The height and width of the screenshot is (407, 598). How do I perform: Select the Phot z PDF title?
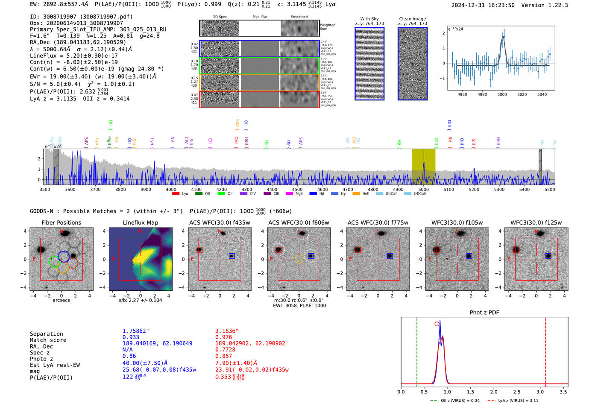click(x=484, y=313)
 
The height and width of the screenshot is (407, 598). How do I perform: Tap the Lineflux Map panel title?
click(x=141, y=223)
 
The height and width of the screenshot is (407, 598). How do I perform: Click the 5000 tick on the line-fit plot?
click(x=502, y=95)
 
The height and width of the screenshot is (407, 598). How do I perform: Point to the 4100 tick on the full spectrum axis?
click(x=196, y=190)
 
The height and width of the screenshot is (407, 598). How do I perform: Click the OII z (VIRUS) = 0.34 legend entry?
click(x=455, y=401)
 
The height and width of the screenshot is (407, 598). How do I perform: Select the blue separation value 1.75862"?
click(x=136, y=331)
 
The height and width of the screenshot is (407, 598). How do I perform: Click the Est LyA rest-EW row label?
click(x=55, y=365)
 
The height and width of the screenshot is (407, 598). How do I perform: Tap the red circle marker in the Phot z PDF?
click(x=437, y=324)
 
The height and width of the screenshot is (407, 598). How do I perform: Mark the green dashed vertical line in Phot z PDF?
click(x=417, y=350)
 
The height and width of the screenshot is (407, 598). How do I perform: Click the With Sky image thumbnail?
click(x=369, y=64)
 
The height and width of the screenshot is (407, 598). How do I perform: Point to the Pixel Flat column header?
click(x=260, y=17)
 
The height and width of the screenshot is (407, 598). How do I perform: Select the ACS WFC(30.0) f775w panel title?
click(x=378, y=223)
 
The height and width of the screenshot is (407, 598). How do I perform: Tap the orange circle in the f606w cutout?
click(x=299, y=259)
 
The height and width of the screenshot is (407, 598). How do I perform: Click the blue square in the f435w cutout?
click(x=232, y=256)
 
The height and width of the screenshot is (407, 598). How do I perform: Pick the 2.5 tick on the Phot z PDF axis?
click(x=517, y=392)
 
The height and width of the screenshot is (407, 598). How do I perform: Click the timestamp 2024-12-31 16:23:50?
click(x=483, y=5)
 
